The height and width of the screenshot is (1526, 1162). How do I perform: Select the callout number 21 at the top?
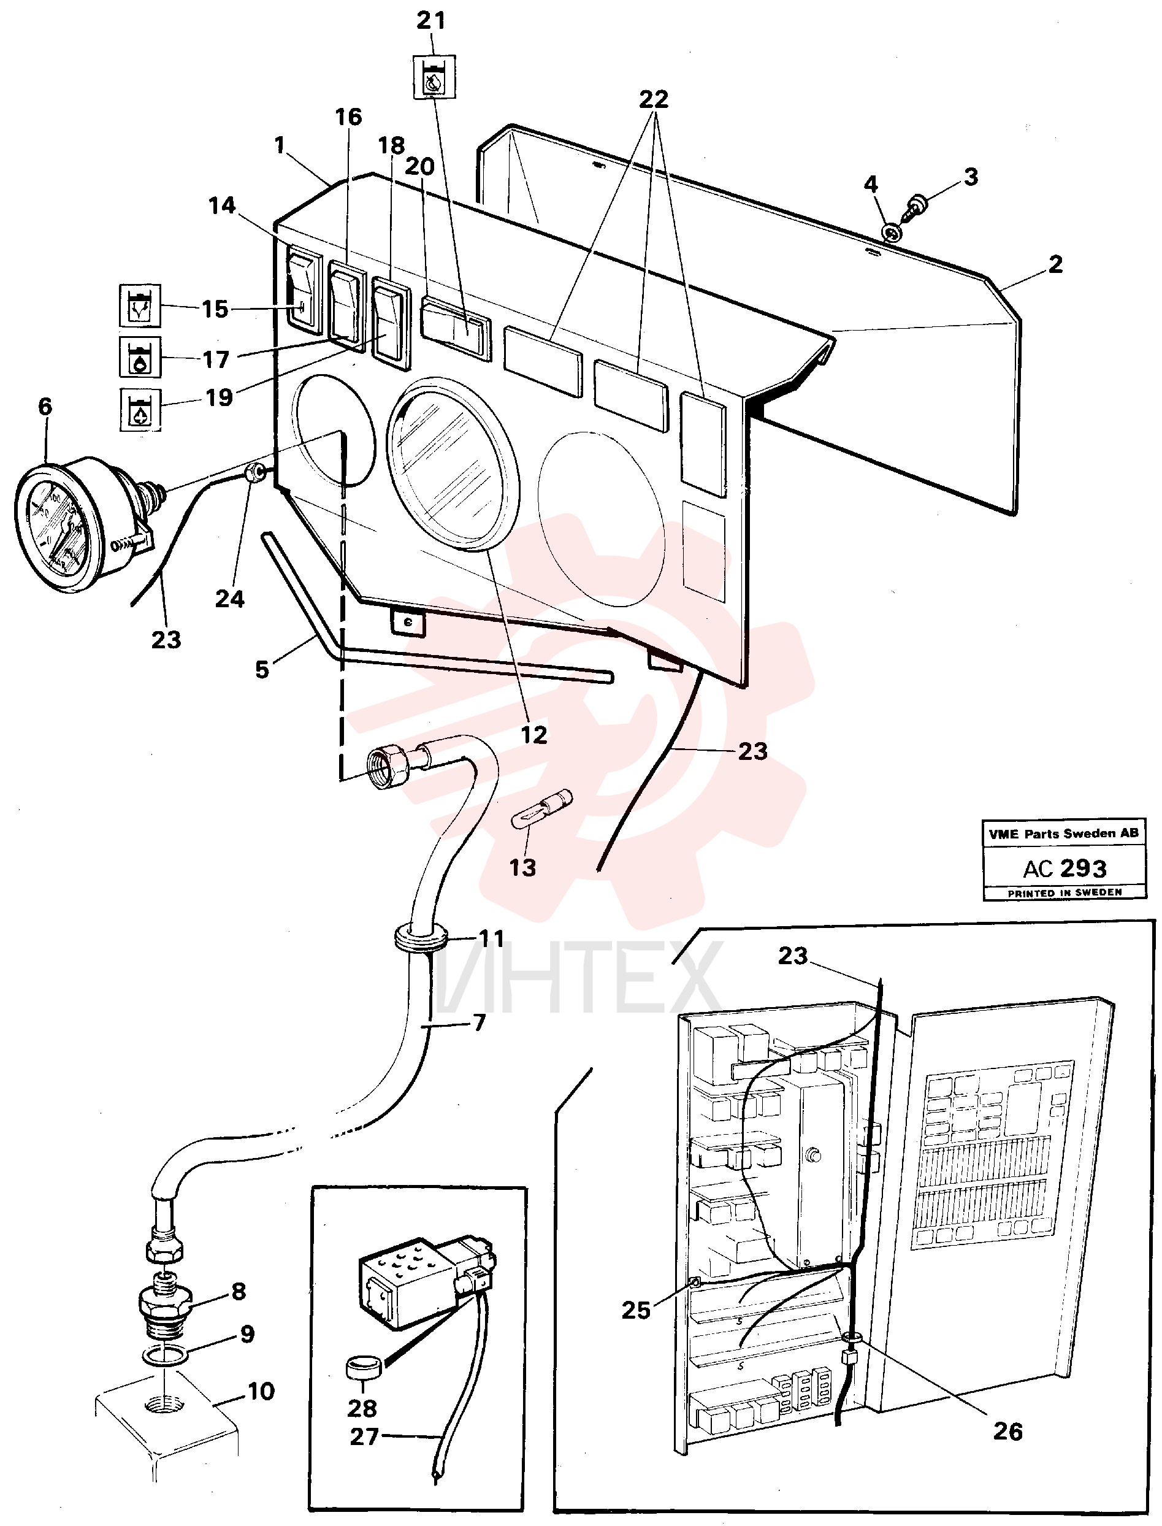click(x=431, y=21)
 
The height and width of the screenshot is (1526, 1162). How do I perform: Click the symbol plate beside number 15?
click(x=140, y=305)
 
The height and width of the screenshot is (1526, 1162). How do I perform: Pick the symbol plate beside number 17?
click(x=140, y=357)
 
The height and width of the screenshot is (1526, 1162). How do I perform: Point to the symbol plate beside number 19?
click(x=140, y=409)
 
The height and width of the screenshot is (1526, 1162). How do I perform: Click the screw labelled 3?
click(x=917, y=206)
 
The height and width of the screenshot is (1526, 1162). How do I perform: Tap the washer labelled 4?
click(x=892, y=232)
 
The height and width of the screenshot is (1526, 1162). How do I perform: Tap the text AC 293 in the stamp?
click(x=1065, y=868)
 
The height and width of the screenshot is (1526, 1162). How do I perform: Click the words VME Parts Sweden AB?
click(x=1064, y=834)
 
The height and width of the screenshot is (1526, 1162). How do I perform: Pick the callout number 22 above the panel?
click(x=654, y=99)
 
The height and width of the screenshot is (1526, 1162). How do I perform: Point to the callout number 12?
click(x=533, y=735)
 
